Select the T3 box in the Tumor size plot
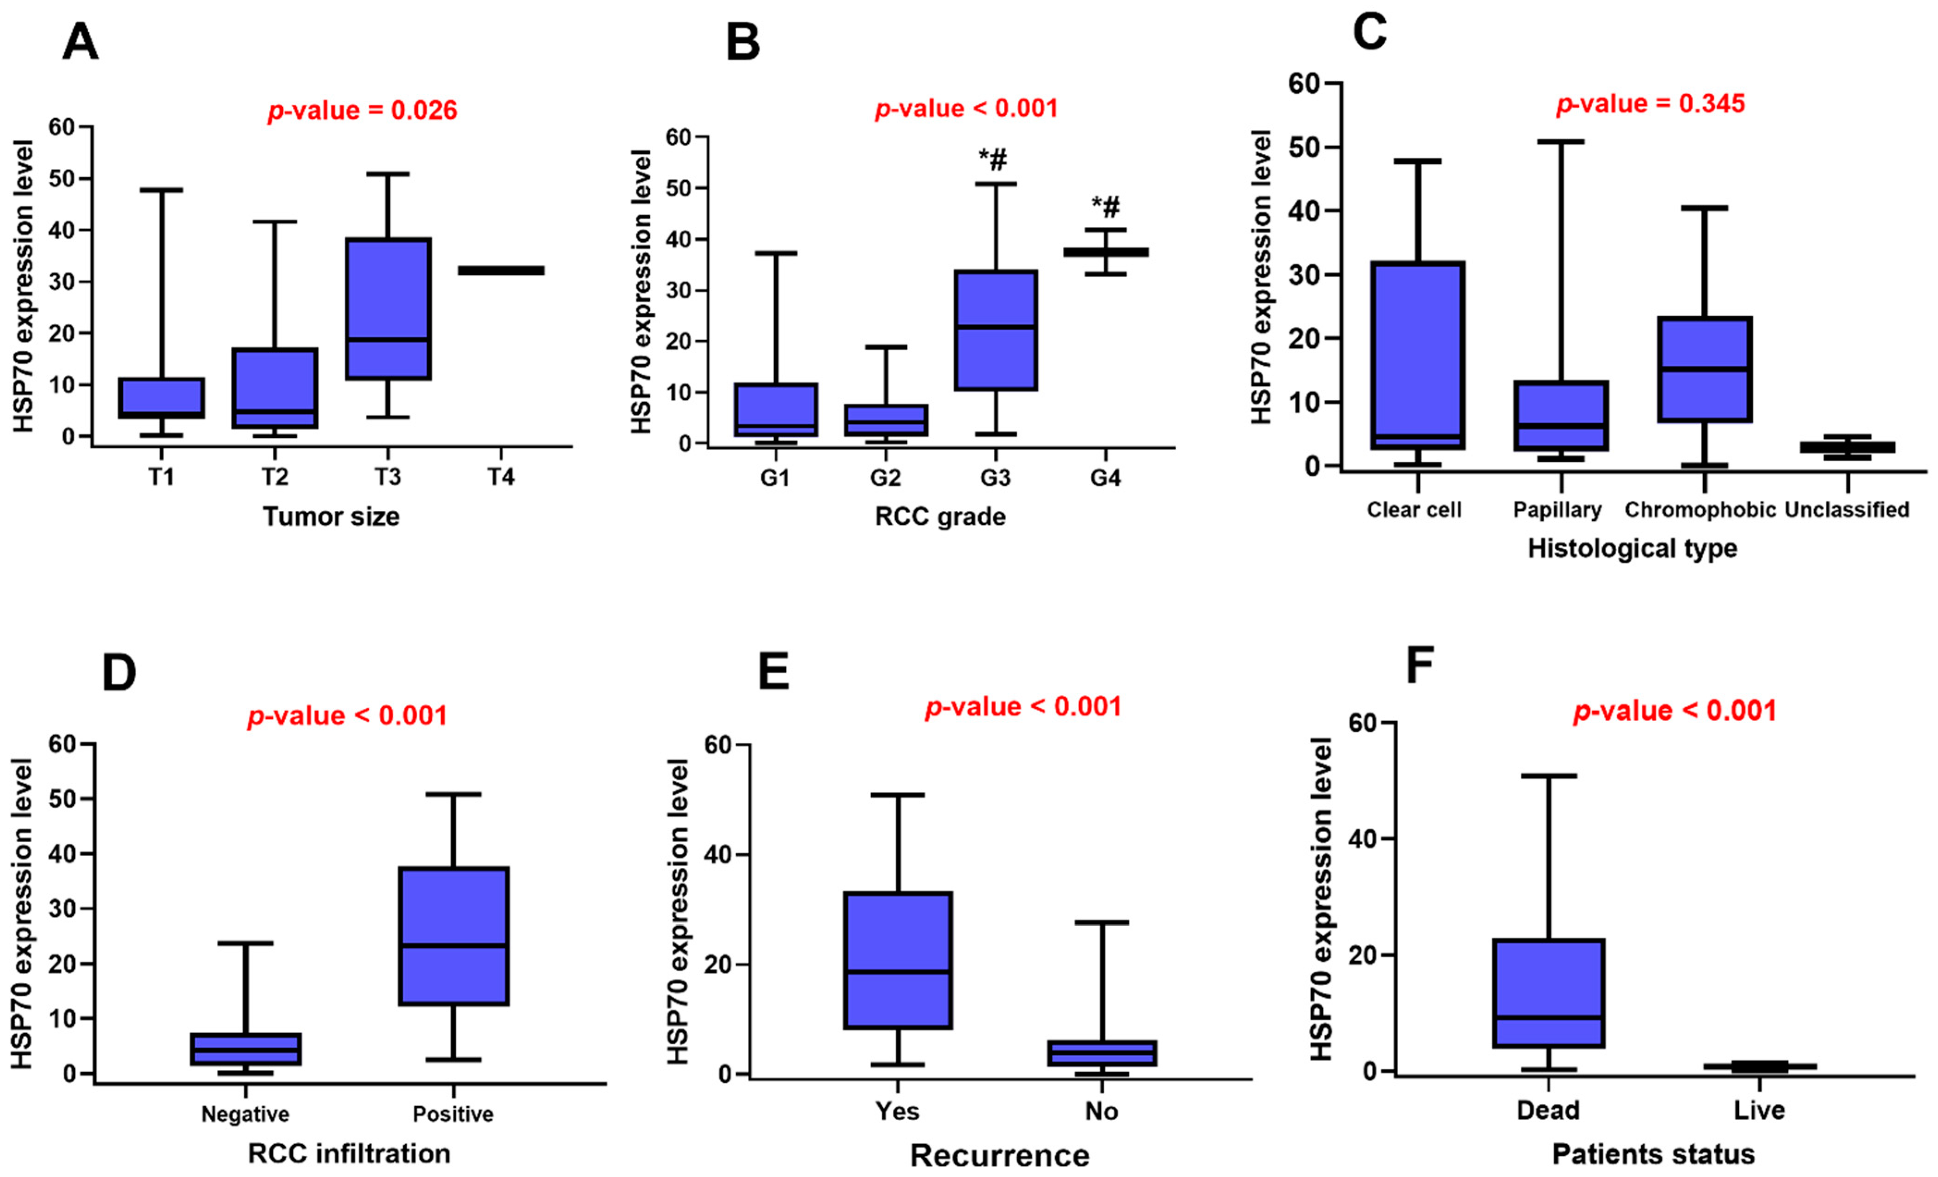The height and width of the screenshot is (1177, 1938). (389, 308)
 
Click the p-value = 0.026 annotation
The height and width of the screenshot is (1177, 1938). (362, 110)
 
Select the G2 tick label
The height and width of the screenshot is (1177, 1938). (886, 478)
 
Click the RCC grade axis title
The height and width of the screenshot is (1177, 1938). (940, 517)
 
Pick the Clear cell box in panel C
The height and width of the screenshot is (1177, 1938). (1417, 356)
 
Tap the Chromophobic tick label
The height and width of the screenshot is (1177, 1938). (1700, 510)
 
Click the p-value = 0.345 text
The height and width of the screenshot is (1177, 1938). (1650, 104)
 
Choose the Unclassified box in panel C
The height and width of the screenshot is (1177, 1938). (1847, 447)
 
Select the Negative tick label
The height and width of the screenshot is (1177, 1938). (245, 1114)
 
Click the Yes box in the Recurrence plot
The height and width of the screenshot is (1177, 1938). (898, 960)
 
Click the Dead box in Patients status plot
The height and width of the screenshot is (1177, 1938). (1548, 993)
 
